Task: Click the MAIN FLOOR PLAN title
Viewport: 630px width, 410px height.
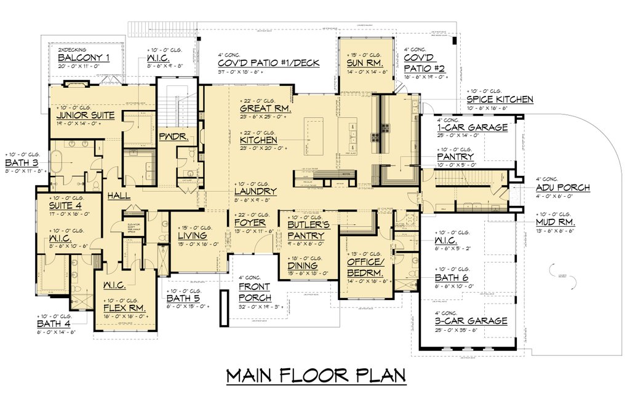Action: pyautogui.click(x=315, y=376)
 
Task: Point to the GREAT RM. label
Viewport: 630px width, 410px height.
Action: pyautogui.click(x=265, y=109)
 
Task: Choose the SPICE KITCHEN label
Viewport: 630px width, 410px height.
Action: pyautogui.click(x=500, y=99)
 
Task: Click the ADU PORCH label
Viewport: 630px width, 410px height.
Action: pyautogui.click(x=562, y=187)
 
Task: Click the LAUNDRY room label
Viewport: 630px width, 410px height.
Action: pyautogui.click(x=255, y=192)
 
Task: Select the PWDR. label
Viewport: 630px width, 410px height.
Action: pyautogui.click(x=170, y=137)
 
